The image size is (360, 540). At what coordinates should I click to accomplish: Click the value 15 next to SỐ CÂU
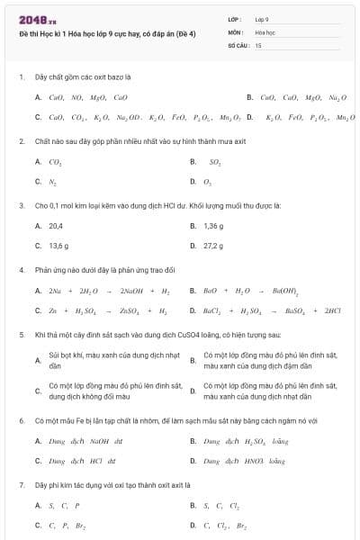(258, 43)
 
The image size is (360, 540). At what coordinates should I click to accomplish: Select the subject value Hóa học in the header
(264, 31)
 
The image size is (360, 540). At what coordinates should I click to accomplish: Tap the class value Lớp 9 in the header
(262, 19)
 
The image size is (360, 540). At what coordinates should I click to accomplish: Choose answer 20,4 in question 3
(56, 225)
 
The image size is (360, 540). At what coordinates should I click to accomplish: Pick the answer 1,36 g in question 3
(213, 225)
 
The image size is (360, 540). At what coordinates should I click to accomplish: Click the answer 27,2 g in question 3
(213, 245)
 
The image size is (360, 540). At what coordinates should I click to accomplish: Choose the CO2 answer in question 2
(55, 162)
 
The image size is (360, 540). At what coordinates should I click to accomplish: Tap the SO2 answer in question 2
(214, 162)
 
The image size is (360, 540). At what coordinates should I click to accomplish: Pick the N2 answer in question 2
(53, 181)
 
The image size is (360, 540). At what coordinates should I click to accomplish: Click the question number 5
(21, 334)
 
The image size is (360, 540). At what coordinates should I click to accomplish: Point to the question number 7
(21, 484)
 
